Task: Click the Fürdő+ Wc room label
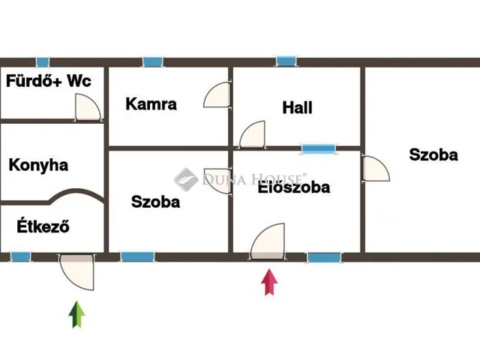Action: tap(49, 80)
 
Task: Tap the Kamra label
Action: tap(151, 103)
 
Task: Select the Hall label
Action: tap(297, 107)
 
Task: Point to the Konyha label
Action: tap(38, 165)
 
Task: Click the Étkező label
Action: tap(39, 226)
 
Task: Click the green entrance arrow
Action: tap(76, 314)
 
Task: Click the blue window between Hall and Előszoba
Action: tap(319, 148)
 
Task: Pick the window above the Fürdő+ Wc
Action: tap(43, 61)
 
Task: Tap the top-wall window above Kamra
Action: tap(153, 61)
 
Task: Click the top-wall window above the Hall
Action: tap(286, 61)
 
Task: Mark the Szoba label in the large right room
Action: tap(433, 154)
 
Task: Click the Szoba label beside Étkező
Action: tap(155, 202)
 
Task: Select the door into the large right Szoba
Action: tap(375, 169)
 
